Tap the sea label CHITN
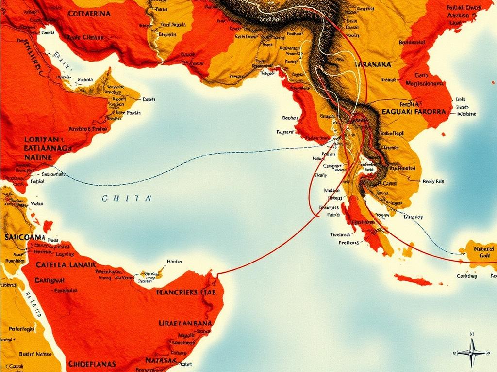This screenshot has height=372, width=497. tap(127, 198)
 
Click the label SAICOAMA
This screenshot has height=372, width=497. tap(24, 237)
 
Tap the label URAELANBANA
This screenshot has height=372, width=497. tap(185, 323)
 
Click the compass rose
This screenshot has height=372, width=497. tap(471, 353)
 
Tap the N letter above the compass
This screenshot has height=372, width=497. tap(471, 334)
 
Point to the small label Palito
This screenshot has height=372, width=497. tap(174, 261)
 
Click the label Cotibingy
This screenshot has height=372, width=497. tap(470, 276)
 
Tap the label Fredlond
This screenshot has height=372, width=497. tap(348, 243)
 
